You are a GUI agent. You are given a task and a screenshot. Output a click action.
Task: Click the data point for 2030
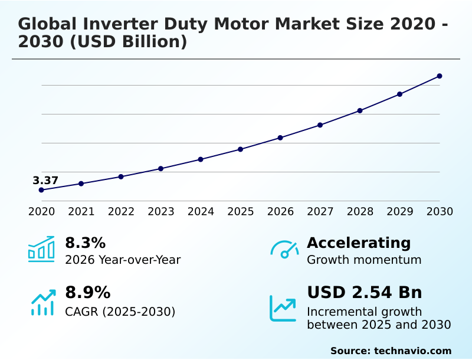point(440,76)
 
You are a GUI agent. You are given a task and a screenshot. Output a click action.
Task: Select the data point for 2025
point(241,149)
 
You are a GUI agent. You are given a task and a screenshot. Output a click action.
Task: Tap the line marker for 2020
point(41,190)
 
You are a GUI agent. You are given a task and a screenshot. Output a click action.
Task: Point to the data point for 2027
point(320,125)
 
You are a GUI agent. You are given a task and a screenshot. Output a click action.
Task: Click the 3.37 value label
point(45,181)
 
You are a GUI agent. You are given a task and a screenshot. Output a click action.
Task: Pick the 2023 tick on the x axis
point(161,212)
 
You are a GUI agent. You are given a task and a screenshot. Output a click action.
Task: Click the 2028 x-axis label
point(360,212)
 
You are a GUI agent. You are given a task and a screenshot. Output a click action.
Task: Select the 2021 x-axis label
point(81,212)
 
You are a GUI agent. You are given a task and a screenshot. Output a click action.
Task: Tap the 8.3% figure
point(85,243)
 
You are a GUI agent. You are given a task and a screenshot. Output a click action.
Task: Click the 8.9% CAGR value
point(87,293)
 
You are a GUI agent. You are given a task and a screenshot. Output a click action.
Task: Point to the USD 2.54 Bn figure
point(364,293)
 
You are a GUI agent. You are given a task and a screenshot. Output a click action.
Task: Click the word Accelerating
point(359,243)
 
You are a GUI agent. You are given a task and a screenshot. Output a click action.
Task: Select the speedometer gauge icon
point(284,250)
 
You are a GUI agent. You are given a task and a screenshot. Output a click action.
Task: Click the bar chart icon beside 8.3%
point(41,249)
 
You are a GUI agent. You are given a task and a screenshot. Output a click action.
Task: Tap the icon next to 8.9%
point(42,302)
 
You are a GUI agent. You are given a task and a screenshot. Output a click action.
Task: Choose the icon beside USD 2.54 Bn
point(283,307)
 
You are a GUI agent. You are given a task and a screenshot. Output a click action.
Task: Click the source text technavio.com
point(412,351)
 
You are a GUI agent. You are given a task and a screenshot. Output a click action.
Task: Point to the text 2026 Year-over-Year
point(123,260)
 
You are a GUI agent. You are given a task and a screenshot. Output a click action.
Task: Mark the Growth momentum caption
point(364,260)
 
